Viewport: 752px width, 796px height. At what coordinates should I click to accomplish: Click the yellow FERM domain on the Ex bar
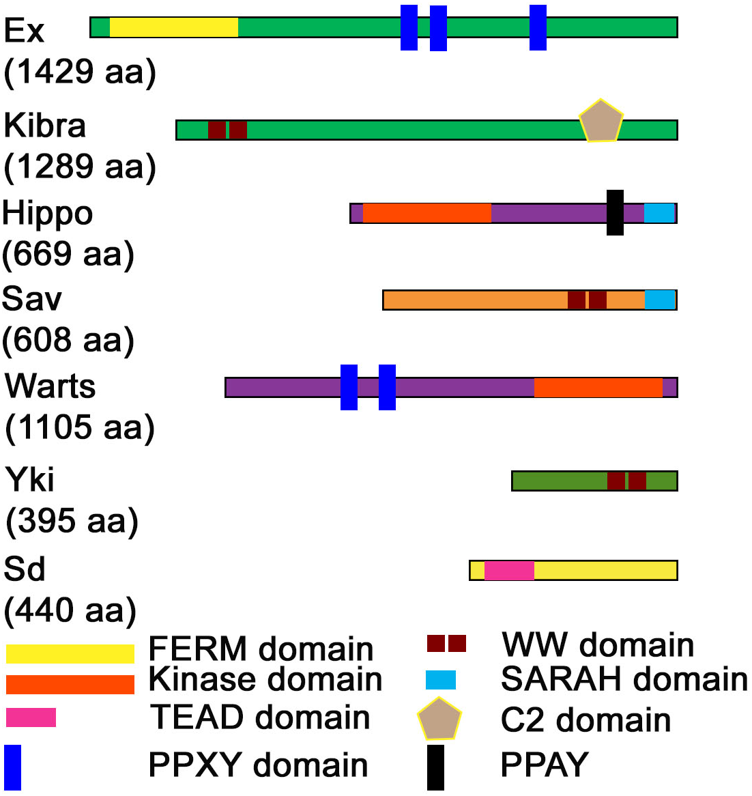(173, 27)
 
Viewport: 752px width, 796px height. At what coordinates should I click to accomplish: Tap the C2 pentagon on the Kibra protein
(601, 122)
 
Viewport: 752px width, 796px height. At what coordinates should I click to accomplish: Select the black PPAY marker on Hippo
(615, 212)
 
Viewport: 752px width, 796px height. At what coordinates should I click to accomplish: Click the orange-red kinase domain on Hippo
(426, 213)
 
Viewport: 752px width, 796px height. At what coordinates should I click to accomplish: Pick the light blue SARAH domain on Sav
(660, 300)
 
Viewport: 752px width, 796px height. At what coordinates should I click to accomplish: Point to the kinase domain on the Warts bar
(598, 387)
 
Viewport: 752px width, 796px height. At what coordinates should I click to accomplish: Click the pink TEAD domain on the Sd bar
(509, 570)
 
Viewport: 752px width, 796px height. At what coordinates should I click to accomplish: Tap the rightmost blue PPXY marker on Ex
(538, 27)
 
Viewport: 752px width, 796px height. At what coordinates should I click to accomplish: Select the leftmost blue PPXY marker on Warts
(349, 387)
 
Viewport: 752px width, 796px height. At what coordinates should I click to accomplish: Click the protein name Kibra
(45, 126)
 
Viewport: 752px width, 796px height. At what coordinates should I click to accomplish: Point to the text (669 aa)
(68, 254)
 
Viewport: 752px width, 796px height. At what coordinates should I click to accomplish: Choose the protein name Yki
(29, 479)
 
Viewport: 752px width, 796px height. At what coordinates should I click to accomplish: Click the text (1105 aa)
(80, 427)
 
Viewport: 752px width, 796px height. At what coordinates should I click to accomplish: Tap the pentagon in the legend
(439, 720)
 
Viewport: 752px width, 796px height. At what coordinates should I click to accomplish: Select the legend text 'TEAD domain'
(260, 717)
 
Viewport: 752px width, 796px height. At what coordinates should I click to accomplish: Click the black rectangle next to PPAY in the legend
(435, 767)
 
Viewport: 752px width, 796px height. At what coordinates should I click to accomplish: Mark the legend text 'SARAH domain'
(624, 679)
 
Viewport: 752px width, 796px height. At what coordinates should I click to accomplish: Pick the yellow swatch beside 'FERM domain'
(70, 653)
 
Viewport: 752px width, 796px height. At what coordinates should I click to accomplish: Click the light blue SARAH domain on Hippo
(659, 213)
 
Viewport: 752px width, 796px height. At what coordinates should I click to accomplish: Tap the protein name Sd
(25, 569)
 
